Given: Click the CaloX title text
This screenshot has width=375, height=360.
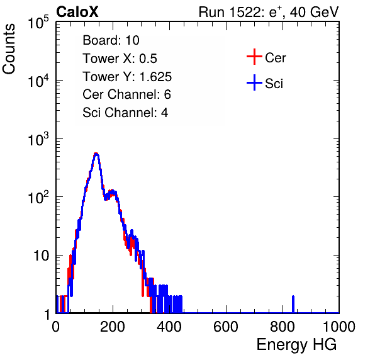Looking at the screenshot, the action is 77,12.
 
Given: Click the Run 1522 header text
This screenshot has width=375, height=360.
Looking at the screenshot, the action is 269,12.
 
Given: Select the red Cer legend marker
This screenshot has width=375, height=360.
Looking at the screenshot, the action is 254,57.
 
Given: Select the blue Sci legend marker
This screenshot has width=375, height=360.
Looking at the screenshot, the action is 254,82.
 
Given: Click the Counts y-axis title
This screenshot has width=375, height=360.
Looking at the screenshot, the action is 9,49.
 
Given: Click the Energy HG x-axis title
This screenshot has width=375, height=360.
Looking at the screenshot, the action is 296,345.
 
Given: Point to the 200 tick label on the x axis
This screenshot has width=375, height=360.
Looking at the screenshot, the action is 113,327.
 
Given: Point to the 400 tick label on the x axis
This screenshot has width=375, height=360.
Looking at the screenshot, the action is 169,327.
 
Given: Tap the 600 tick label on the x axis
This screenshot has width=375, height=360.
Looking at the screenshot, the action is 226,327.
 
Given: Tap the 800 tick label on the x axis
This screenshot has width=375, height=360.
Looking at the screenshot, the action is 283,327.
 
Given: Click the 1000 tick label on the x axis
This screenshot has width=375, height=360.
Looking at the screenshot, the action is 339,327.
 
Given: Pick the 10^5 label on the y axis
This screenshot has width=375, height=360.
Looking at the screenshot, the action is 38,23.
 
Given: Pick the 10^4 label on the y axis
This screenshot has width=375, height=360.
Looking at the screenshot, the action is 38,81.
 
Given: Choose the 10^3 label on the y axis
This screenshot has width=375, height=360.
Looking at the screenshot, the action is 38,139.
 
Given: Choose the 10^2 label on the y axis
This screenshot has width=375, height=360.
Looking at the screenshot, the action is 38,198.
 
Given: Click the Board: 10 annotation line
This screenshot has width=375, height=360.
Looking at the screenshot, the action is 111,40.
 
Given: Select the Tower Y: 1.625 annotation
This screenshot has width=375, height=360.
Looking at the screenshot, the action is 127,77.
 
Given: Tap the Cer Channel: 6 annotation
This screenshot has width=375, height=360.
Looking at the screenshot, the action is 126,94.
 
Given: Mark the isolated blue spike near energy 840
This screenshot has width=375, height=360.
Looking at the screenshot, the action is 293,304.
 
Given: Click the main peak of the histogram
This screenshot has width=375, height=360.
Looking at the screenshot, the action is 96,154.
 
